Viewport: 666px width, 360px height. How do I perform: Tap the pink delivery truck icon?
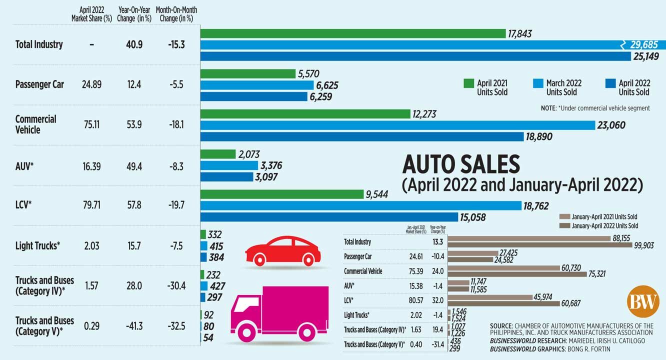[278, 313]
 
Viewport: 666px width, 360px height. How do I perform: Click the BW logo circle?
[642, 301]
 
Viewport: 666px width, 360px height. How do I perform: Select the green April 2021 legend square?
[468, 83]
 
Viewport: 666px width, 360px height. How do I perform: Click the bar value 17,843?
[520, 33]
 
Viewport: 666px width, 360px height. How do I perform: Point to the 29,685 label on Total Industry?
[643, 45]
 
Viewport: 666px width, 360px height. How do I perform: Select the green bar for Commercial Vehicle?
[305, 114]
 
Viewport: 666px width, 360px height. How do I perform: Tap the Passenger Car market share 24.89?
[91, 84]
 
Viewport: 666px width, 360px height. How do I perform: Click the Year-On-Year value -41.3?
[133, 326]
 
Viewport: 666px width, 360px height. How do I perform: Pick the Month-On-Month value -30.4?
[176, 285]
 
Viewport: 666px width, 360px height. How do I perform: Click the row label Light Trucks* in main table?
[38, 245]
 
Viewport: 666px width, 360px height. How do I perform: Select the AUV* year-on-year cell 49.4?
[133, 165]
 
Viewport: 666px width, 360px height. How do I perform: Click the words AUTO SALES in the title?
[461, 164]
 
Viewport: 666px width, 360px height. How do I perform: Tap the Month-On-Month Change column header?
[176, 14]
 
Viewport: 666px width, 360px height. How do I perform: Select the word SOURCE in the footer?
[504, 326]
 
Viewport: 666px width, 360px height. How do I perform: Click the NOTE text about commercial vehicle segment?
[595, 108]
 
